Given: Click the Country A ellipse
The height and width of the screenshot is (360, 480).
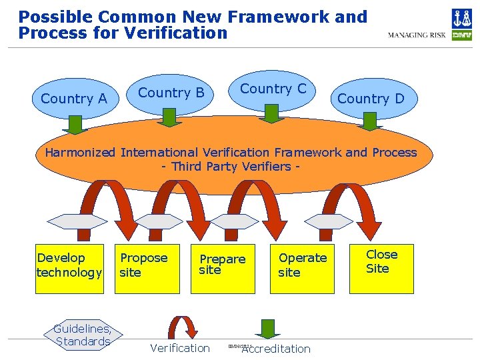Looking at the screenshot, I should tap(73, 99).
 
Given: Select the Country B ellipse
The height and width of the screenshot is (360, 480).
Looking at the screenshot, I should tap(171, 93).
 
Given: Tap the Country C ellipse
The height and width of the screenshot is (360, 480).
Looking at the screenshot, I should tap(273, 89).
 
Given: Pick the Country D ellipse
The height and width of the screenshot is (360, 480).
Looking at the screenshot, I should tap(371, 99).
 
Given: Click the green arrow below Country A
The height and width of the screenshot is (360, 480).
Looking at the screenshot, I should tap(75, 124).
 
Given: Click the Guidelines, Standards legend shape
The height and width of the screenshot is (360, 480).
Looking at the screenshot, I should tap(83, 335).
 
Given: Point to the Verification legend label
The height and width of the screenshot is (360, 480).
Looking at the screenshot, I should tap(179, 348).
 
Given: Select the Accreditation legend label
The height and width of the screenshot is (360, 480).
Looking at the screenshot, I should tap(277, 349).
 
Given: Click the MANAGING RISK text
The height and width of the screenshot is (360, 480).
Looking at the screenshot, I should tap(417, 35).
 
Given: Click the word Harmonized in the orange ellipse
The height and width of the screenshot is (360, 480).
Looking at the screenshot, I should tap(81, 153).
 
